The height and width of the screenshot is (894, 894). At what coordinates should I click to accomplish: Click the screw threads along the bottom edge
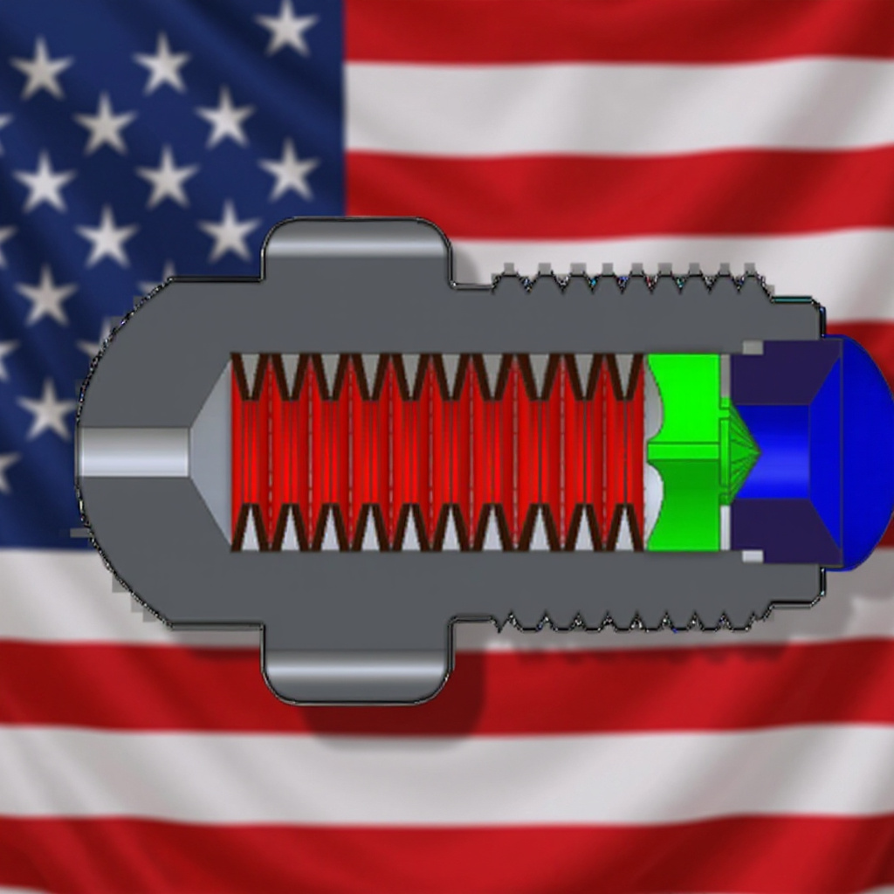pos(629,622)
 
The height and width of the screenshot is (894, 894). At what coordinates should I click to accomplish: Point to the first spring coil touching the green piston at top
pos(626,375)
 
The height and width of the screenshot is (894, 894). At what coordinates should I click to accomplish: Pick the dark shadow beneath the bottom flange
pos(393,712)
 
